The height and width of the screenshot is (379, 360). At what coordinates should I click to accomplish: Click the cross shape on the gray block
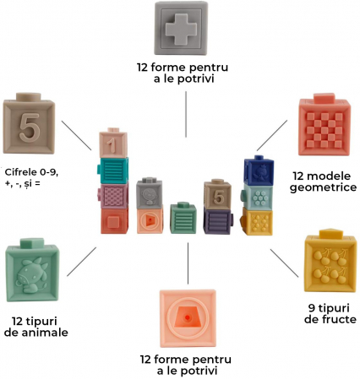click(x=181, y=29)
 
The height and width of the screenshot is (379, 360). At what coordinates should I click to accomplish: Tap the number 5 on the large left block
click(x=30, y=128)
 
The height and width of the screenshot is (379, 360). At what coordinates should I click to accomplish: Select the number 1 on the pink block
click(x=112, y=145)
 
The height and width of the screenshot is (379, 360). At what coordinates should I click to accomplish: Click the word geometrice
click(x=324, y=187)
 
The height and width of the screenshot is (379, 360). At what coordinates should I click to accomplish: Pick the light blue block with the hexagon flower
click(x=258, y=197)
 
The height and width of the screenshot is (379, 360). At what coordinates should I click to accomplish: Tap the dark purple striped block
click(x=218, y=221)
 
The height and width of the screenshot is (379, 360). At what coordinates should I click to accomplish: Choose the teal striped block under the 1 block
click(x=113, y=171)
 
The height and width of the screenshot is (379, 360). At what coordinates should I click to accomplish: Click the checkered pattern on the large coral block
click(x=325, y=130)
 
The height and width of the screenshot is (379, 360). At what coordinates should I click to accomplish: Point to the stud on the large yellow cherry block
click(x=332, y=234)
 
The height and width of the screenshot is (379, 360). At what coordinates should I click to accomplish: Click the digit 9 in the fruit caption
click(x=312, y=308)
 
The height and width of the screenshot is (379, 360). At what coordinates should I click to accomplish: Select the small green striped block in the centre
click(x=183, y=218)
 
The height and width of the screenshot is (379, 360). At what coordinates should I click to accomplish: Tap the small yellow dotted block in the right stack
click(x=257, y=222)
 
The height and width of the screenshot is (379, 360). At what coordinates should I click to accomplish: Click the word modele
click(x=322, y=176)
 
